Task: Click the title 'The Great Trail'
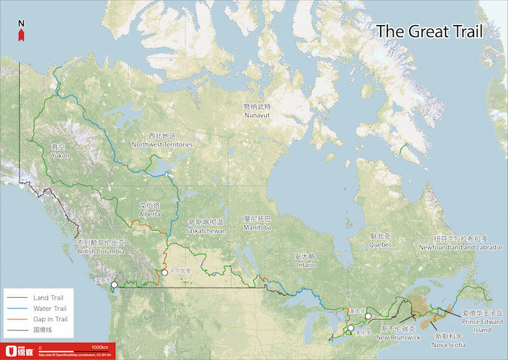(429, 31)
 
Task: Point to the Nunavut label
(257, 112)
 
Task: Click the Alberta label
(150, 210)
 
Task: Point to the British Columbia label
(101, 247)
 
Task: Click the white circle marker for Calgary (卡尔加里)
(164, 272)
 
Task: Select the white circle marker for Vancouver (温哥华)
(114, 285)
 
